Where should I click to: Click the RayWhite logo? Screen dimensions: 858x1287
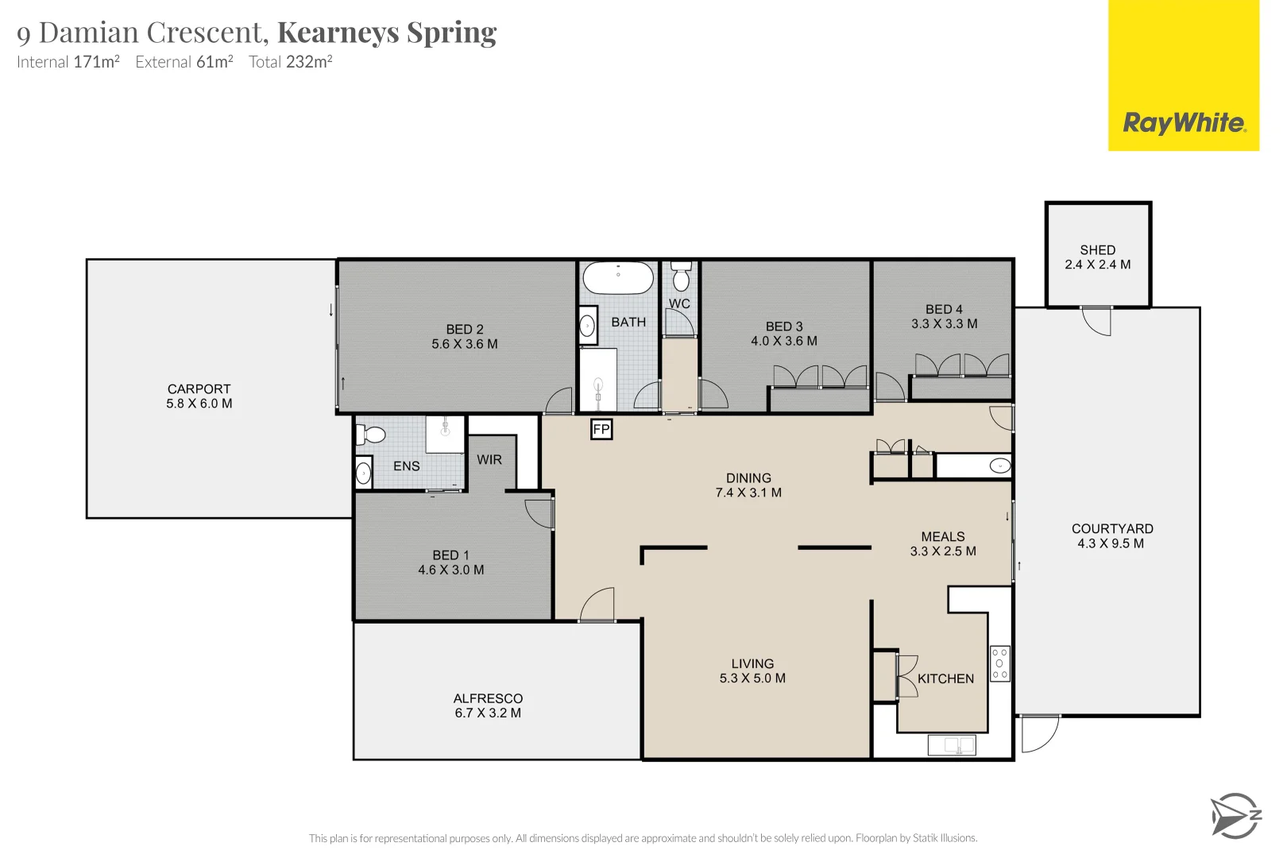(1183, 123)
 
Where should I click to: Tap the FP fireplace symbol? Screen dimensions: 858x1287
(601, 430)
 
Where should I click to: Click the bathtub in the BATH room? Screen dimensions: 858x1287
(618, 279)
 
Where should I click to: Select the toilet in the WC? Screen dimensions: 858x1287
(681, 277)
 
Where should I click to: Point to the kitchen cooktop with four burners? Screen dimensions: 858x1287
(999, 663)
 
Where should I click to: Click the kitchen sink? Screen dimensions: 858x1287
(952, 745)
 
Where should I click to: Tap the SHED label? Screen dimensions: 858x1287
(1097, 249)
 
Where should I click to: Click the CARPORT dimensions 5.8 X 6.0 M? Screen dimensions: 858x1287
(199, 404)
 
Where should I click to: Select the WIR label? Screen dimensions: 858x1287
(489, 459)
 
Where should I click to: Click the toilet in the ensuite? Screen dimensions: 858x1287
(371, 435)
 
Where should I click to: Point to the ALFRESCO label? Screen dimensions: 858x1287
(488, 698)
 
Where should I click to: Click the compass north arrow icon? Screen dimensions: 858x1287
(1234, 815)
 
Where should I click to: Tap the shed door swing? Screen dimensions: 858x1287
(1097, 320)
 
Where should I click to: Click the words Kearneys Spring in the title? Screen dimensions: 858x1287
(387, 33)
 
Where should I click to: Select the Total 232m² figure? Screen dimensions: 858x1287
(290, 62)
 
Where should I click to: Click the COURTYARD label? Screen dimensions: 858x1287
(1111, 528)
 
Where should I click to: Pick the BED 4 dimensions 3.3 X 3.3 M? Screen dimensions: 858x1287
(944, 324)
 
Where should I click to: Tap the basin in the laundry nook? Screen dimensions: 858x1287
(999, 466)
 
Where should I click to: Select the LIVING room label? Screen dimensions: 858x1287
(752, 663)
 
